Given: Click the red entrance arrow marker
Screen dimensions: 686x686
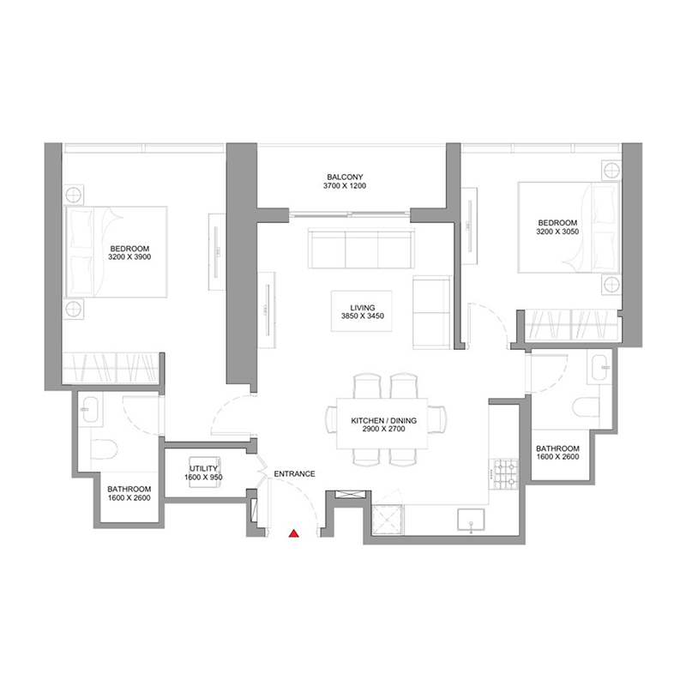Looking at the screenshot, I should click(x=293, y=533).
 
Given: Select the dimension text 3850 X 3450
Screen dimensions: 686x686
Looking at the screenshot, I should click(x=358, y=316).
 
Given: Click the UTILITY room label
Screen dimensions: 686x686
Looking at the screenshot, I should click(x=204, y=469).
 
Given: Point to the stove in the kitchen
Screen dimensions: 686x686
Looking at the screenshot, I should click(x=502, y=472).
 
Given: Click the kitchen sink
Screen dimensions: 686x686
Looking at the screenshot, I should click(x=471, y=520).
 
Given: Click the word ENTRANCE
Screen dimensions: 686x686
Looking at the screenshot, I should click(x=294, y=473).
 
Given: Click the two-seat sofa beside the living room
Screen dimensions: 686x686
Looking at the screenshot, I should click(x=430, y=313).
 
